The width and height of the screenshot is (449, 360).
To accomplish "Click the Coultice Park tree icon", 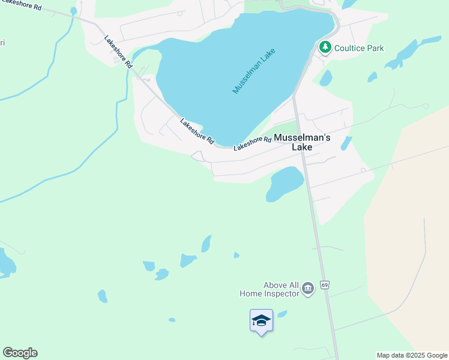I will (x=325, y=47).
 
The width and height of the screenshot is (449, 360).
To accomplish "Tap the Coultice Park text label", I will (x=359, y=48).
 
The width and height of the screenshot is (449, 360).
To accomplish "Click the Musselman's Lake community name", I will (x=302, y=142).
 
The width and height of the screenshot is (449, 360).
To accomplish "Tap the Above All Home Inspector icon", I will (x=308, y=289).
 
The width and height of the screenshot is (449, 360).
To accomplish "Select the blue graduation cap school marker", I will (x=261, y=320).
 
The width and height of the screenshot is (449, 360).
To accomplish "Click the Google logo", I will (x=20, y=353).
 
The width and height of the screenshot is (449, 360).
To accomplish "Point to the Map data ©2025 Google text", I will (x=412, y=355).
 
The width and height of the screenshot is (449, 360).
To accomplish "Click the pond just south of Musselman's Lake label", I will (x=285, y=182).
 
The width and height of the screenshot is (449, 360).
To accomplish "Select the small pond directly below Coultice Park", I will (x=326, y=78).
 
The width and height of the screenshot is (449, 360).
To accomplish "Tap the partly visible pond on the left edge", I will (x=5, y=263).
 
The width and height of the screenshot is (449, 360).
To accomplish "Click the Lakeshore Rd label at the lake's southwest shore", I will (x=197, y=131).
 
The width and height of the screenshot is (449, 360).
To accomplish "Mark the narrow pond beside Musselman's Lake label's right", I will (x=346, y=143).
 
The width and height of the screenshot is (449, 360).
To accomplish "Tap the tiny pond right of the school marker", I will (x=282, y=314).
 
